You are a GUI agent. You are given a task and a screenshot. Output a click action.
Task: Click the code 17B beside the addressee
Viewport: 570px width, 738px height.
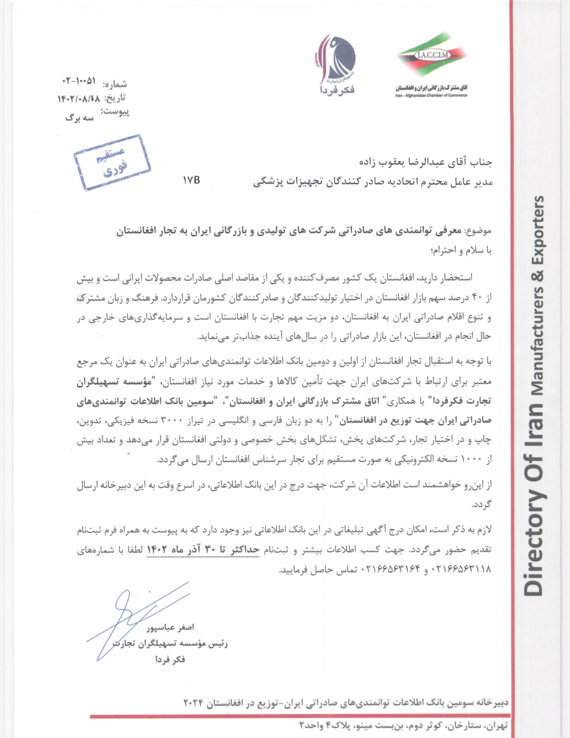click(x=192, y=180)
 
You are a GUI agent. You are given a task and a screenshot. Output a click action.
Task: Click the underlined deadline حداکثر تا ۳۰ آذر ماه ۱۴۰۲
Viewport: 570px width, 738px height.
click(x=203, y=550)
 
